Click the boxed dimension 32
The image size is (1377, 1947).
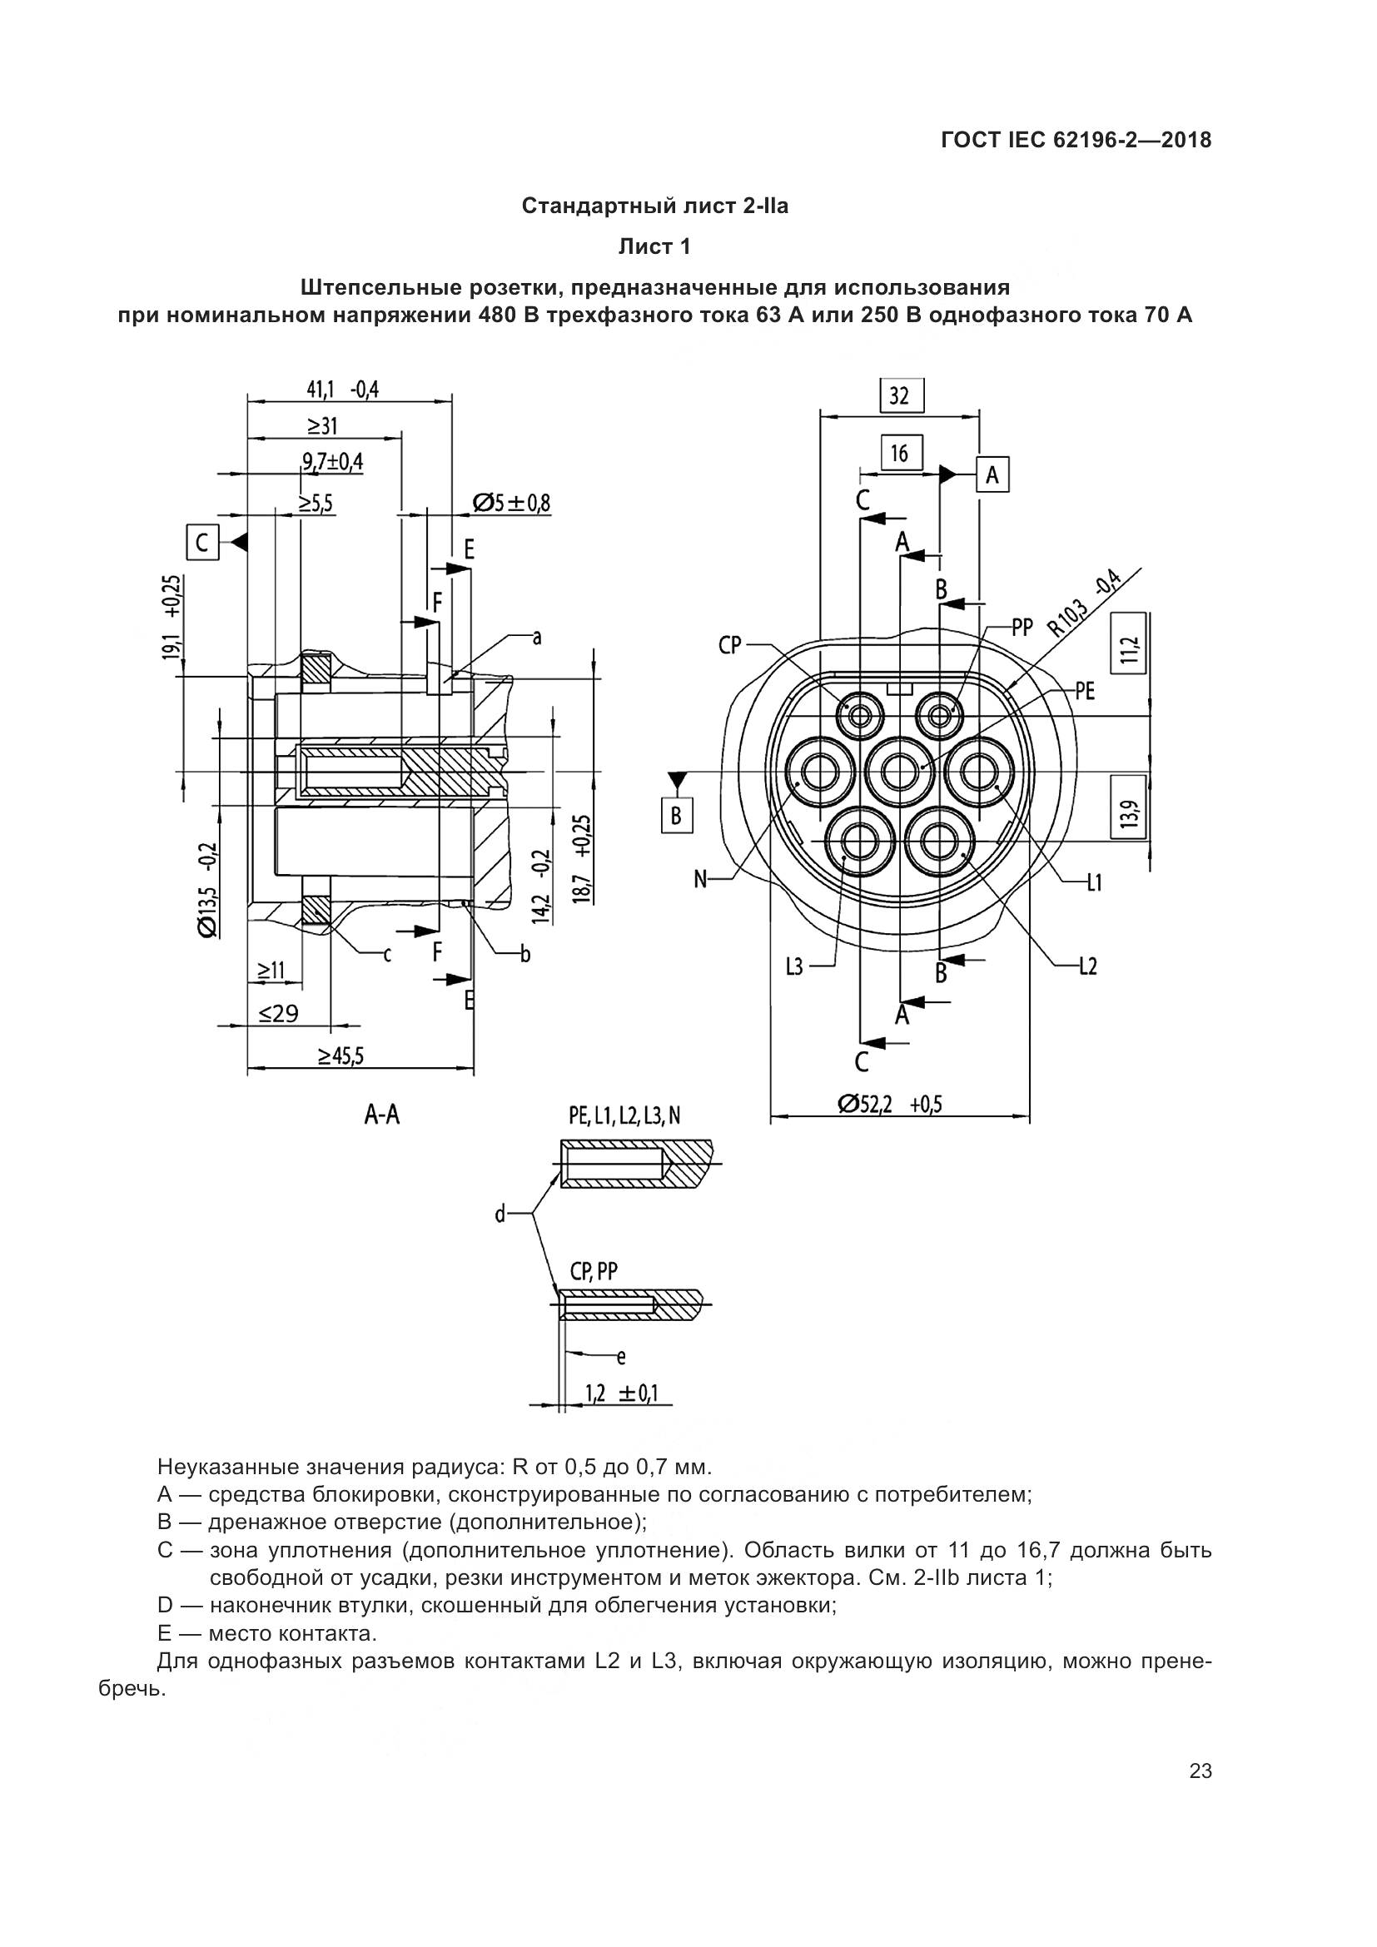click(900, 395)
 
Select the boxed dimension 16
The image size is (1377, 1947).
click(900, 454)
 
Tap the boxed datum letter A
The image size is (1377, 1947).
click(992, 476)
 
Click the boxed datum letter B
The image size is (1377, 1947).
click(677, 815)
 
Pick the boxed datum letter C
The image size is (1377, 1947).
click(201, 542)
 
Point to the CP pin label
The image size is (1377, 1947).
click(730, 645)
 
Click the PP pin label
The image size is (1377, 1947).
click(1022, 628)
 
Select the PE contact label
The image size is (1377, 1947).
click(1086, 691)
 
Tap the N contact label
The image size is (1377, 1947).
click(700, 879)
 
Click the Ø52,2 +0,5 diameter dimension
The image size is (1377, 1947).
click(890, 1104)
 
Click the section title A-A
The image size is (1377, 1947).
click(381, 1115)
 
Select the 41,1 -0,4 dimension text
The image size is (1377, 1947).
click(342, 390)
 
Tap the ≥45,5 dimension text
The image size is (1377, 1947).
click(341, 1055)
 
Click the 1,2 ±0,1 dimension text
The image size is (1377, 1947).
click(622, 1393)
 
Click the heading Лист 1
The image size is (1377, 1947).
click(654, 246)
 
